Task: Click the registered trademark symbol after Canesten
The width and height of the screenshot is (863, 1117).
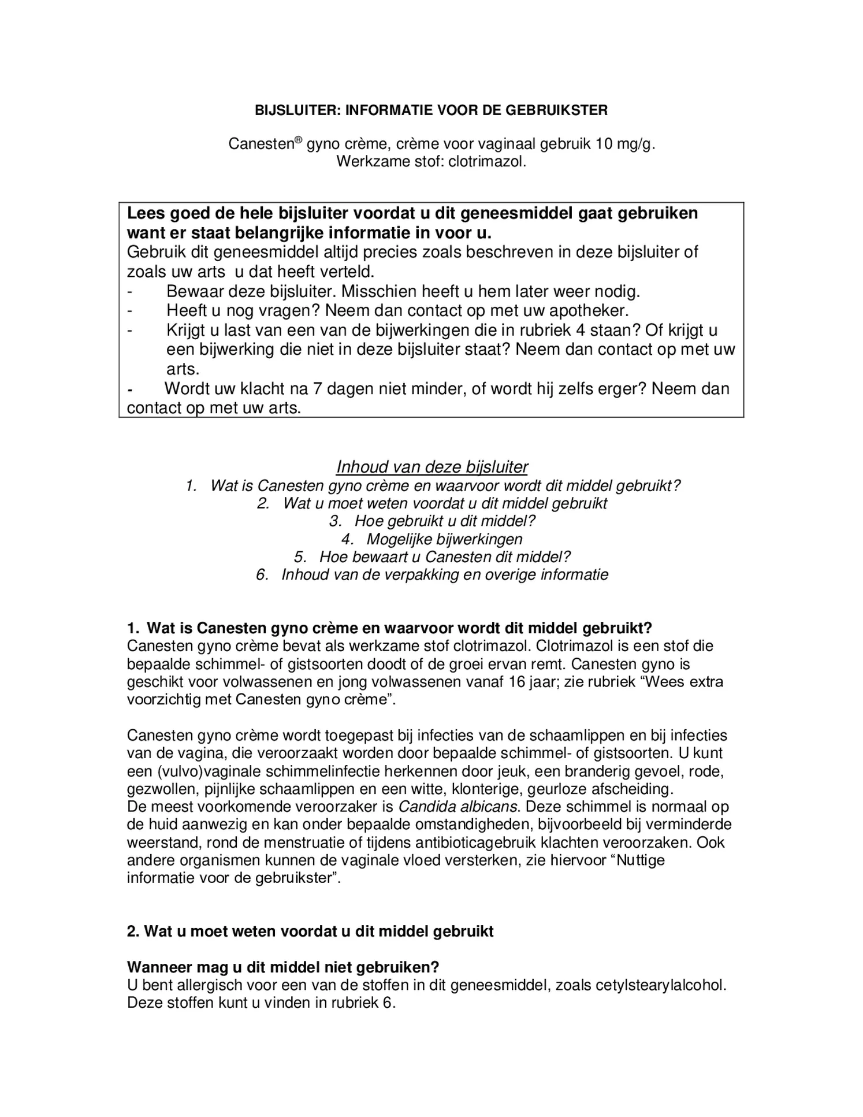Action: click(299, 140)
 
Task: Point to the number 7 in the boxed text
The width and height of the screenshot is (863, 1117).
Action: click(317, 388)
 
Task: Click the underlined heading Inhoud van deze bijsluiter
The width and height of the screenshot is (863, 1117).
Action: click(432, 466)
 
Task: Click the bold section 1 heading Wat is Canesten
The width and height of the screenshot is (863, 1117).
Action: click(390, 628)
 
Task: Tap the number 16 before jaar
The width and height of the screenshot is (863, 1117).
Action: click(518, 682)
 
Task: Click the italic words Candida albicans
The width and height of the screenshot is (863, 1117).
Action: click(459, 807)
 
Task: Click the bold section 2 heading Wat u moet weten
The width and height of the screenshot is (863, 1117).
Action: click(310, 932)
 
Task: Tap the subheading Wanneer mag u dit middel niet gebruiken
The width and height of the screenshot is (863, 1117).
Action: click(283, 967)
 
